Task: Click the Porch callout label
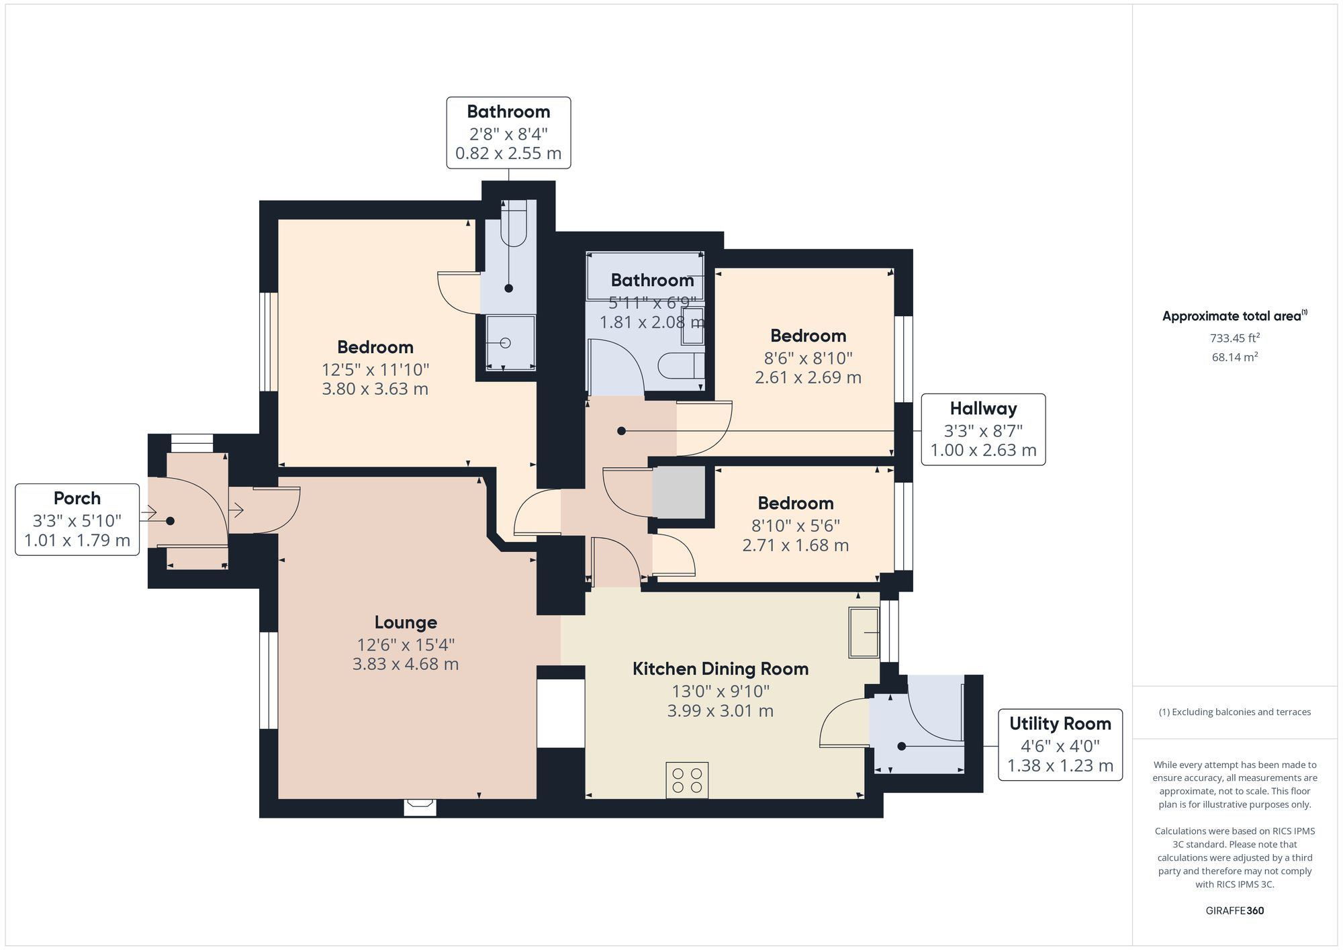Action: click(x=77, y=519)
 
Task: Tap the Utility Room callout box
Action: click(x=1060, y=745)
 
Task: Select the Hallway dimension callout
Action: click(x=983, y=429)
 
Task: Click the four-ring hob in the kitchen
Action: click(x=687, y=779)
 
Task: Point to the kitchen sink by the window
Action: click(x=864, y=632)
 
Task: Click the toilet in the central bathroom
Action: click(x=681, y=366)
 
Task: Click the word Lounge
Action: click(x=406, y=622)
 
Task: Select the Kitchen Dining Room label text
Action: click(x=720, y=669)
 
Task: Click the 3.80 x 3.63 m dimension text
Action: click(x=375, y=389)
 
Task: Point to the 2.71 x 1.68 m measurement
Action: click(x=795, y=545)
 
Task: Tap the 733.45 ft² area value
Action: click(x=1234, y=338)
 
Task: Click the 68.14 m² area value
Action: click(x=1234, y=357)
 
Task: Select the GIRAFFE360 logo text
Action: click(x=1234, y=910)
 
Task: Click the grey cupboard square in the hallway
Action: click(x=679, y=492)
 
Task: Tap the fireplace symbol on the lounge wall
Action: click(x=420, y=805)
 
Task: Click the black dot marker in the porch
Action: click(x=171, y=521)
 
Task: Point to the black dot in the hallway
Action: click(x=621, y=431)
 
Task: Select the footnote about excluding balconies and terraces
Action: click(x=1234, y=712)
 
